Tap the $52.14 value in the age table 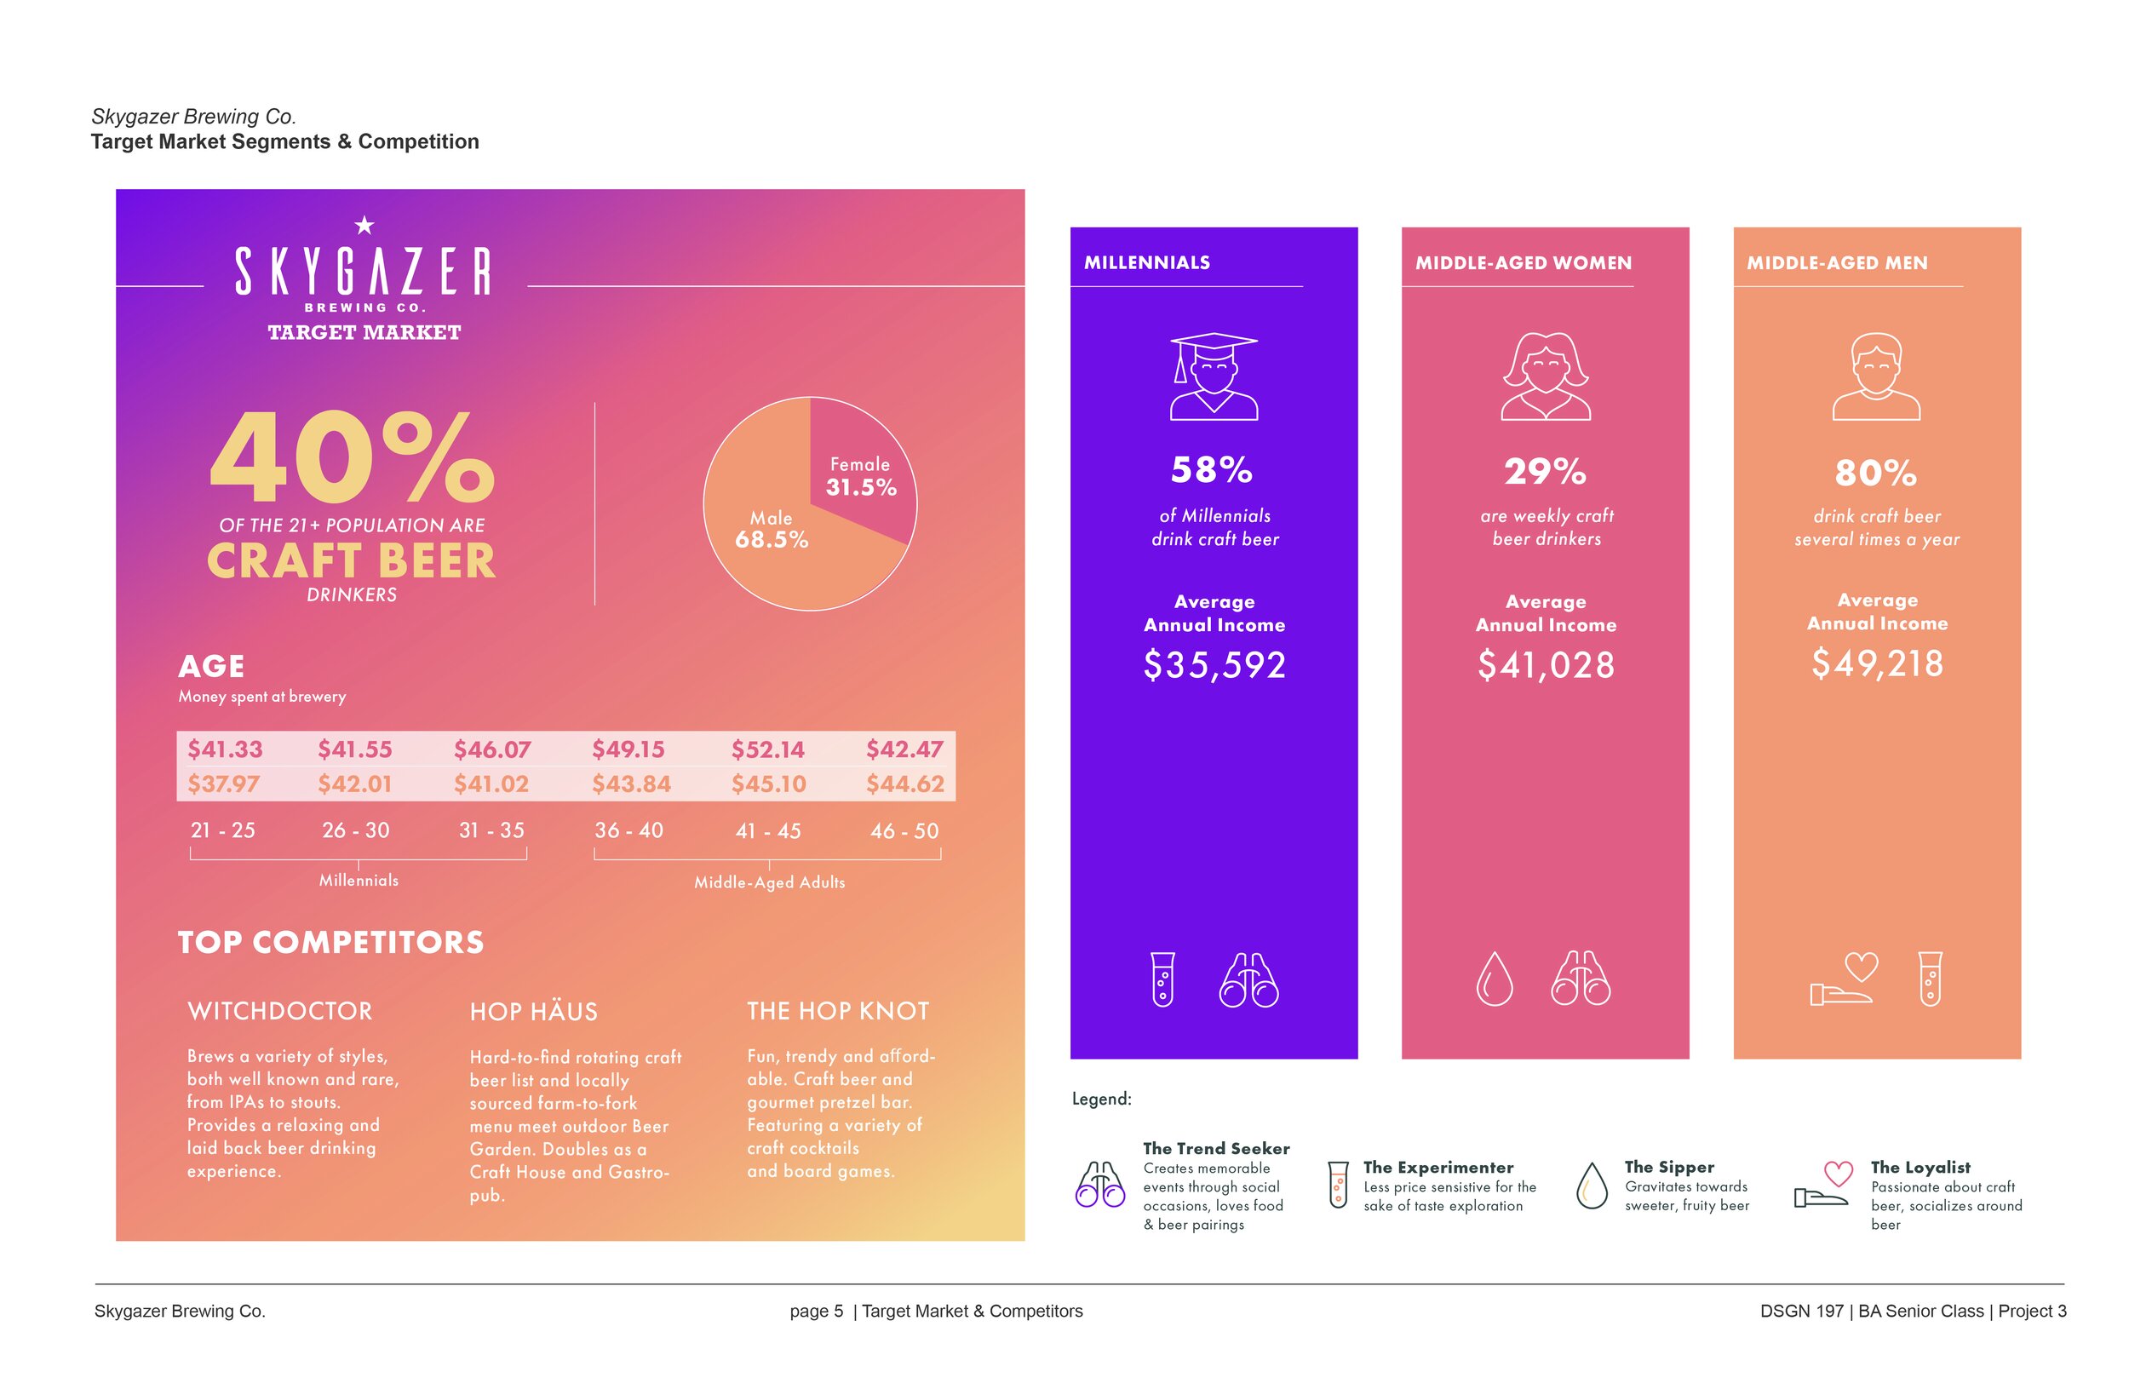767,749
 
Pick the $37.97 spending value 224,784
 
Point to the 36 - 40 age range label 628,830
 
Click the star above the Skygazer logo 364,226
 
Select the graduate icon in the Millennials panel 1214,376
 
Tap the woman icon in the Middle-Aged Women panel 1545,376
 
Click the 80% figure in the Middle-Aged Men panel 1876,473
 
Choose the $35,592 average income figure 1214,665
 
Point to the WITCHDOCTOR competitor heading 280,1011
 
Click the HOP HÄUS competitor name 534,1012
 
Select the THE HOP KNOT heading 838,1011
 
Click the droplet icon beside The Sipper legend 1592,1186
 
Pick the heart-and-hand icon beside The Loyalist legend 1825,1186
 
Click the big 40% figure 352,458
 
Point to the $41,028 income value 1546,665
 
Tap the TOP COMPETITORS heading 331,942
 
